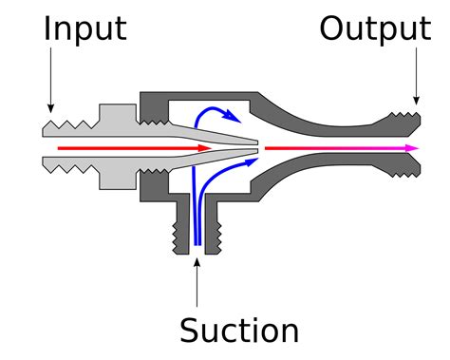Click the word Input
click(x=84, y=28)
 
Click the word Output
click(x=374, y=28)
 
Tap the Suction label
click(x=239, y=330)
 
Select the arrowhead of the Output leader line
click(x=416, y=98)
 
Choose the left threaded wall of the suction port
click(x=181, y=233)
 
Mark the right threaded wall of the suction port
click(x=214, y=233)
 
